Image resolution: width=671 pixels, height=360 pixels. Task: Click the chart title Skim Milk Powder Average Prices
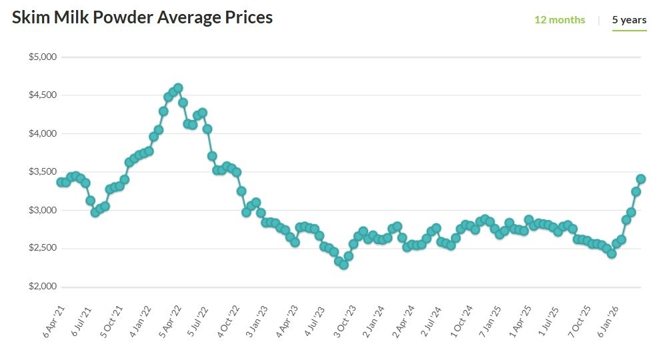point(142,18)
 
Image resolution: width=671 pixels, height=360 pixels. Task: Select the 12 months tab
point(560,20)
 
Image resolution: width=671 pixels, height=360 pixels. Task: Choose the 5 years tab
point(629,20)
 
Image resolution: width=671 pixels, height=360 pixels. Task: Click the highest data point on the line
point(178,88)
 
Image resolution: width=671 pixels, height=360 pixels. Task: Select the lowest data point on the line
point(344,265)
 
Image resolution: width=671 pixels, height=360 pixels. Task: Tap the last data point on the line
point(641,179)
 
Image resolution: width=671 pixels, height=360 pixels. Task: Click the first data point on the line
point(61,182)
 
